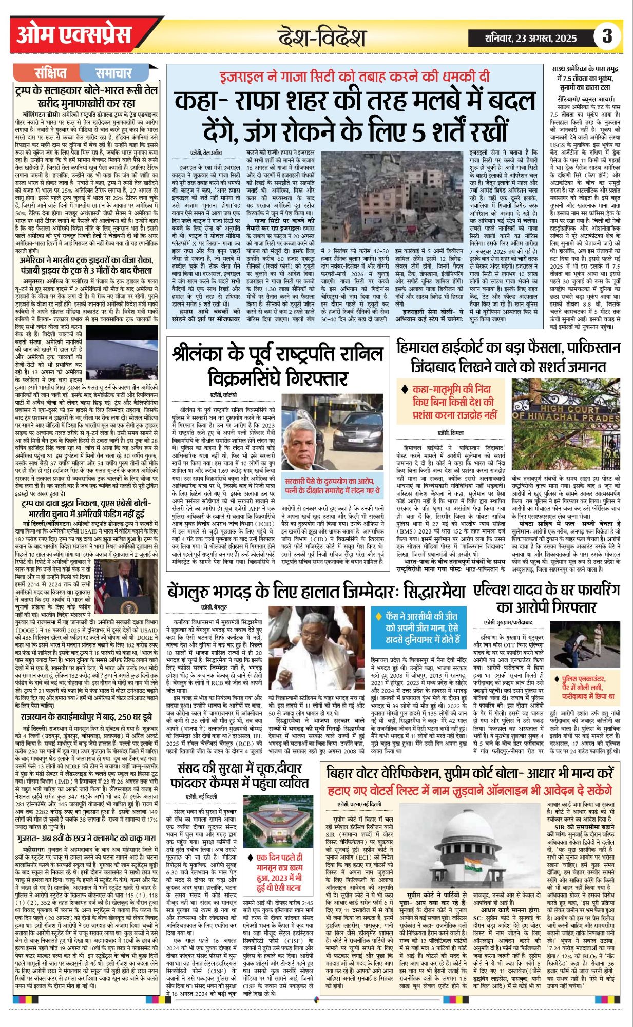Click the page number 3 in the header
pyautogui.click(x=607, y=36)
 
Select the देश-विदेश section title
pyautogui.click(x=322, y=37)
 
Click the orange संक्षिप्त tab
pyautogui.click(x=51, y=73)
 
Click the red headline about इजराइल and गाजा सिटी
pyautogui.click(x=354, y=77)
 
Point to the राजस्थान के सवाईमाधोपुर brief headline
pyautogui.click(x=86, y=716)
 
